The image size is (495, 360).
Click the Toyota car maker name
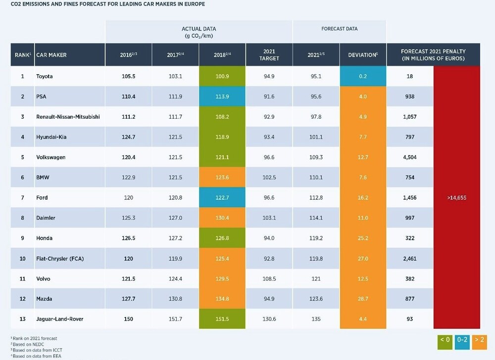pyautogui.click(x=44, y=77)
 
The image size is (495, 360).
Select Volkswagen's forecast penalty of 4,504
pyautogui.click(x=410, y=157)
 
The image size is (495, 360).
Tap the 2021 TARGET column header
pyautogui.click(x=269, y=55)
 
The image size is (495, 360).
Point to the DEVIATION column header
pyautogui.click(x=363, y=55)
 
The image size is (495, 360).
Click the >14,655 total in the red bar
pyautogui.click(x=456, y=198)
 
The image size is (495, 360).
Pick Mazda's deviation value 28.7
pyautogui.click(x=363, y=299)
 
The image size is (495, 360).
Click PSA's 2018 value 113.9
pyautogui.click(x=222, y=97)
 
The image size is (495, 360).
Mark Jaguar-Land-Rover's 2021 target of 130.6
pyautogui.click(x=269, y=319)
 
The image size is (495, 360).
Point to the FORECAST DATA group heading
pyautogui.click(x=339, y=29)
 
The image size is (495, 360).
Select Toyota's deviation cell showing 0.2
pyautogui.click(x=363, y=77)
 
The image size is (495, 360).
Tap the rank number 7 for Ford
pyautogui.click(x=22, y=198)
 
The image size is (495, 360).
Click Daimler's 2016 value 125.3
pyautogui.click(x=128, y=218)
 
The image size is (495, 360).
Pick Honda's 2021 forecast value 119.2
pyautogui.click(x=316, y=238)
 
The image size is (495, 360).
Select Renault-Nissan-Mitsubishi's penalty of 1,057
pyautogui.click(x=410, y=117)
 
